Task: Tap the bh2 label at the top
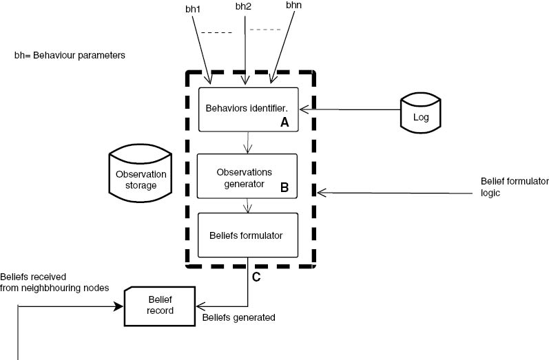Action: (243, 7)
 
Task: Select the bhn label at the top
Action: (293, 7)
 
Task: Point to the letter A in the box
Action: (284, 122)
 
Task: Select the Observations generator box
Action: (247, 176)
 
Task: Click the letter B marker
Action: (284, 187)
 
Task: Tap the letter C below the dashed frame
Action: (256, 278)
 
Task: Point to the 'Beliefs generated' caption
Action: (239, 318)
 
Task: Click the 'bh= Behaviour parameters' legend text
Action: (70, 55)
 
